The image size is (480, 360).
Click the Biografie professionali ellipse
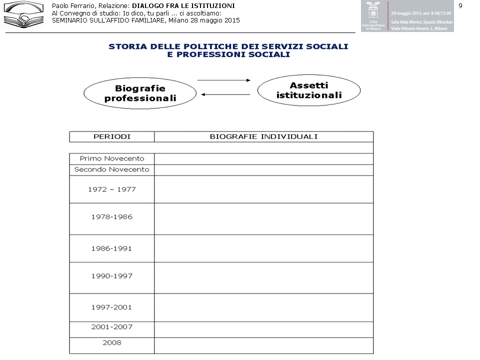click(140, 93)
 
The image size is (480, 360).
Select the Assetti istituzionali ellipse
click(309, 90)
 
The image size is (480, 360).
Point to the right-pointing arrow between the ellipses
click(223, 80)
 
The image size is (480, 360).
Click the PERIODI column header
click(112, 136)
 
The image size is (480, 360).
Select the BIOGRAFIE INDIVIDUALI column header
click(263, 136)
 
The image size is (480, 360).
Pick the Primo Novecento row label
click(112, 158)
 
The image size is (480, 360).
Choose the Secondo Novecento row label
click(112, 169)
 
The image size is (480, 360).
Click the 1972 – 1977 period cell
click(112, 189)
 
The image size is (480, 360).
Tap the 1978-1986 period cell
click(112, 217)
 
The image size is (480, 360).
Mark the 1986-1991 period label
click(112, 248)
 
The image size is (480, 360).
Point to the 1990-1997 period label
click(112, 276)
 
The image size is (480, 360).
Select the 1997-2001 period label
click(112, 307)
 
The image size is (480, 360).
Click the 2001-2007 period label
click(112, 327)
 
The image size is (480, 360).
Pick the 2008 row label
click(112, 343)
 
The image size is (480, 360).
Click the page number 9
click(460, 5)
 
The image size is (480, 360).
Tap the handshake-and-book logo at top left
click(23, 14)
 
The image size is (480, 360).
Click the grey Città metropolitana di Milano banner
click(407, 16)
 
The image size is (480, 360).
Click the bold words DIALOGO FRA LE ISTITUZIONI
click(183, 5)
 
